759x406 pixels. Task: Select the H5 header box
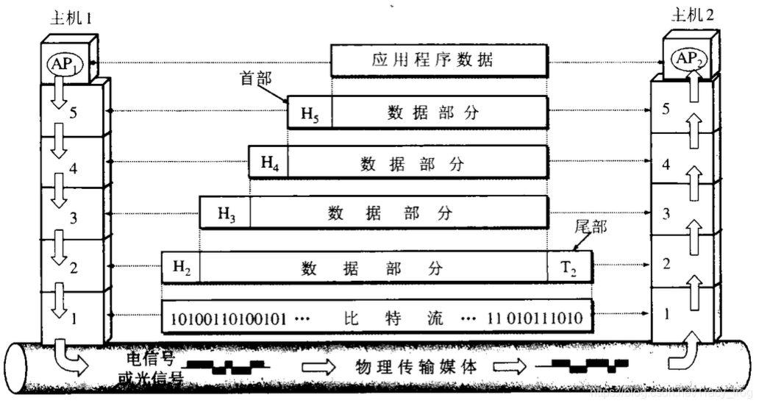click(309, 114)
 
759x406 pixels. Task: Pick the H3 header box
click(225, 214)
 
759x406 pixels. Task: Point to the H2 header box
click(181, 268)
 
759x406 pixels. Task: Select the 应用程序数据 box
click(438, 60)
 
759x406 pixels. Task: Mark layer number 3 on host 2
click(666, 214)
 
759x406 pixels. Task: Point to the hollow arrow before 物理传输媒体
click(318, 366)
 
